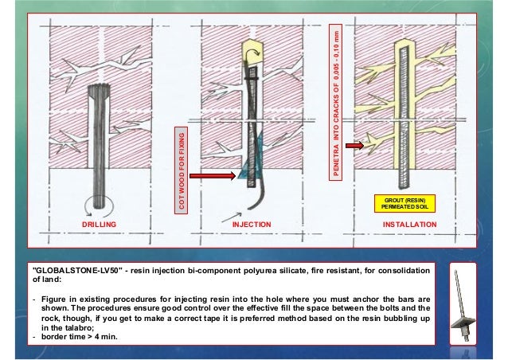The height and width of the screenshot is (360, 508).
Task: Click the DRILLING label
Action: point(99,225)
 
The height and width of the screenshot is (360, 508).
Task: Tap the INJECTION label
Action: point(252,225)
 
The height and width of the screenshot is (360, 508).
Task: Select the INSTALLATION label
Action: point(410,225)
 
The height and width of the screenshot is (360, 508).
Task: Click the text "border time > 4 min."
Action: point(80,337)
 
